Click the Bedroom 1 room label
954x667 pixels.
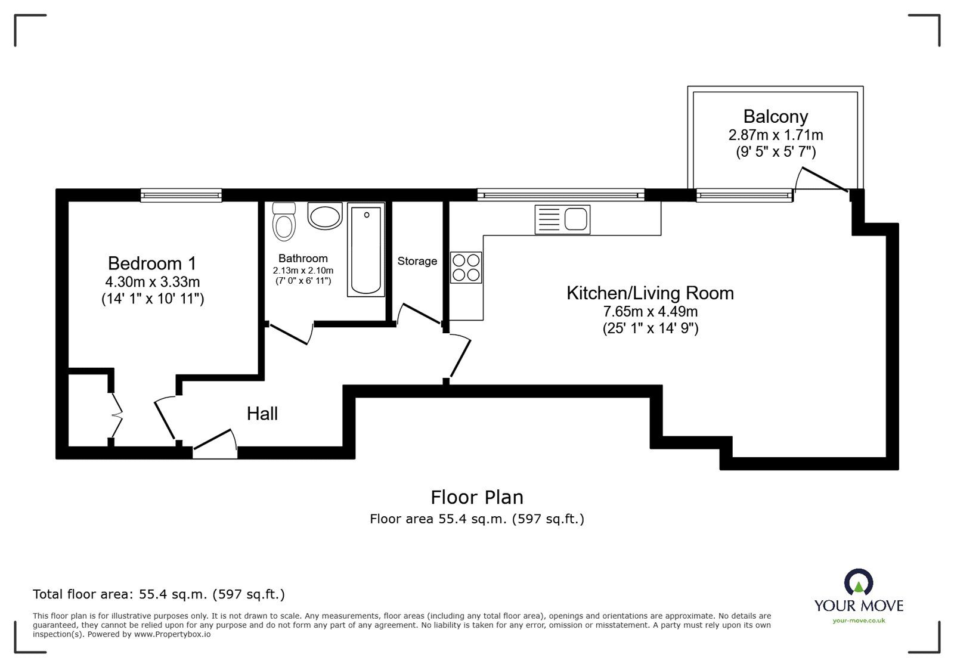click(x=152, y=263)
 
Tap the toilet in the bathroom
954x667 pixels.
click(x=284, y=221)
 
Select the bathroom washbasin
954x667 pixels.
click(x=325, y=215)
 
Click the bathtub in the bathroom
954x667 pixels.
click(x=366, y=249)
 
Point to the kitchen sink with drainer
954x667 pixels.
click(x=563, y=219)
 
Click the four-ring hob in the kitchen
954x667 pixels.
click(x=466, y=268)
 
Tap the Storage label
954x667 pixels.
click(x=417, y=261)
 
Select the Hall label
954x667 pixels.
click(x=262, y=414)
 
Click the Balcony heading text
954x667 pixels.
click(x=776, y=116)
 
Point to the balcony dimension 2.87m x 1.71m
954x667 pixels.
click(x=776, y=135)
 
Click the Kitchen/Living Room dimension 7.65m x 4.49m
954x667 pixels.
click(x=651, y=312)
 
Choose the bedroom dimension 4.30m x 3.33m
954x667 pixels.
click(x=153, y=282)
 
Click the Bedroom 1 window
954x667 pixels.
click(x=181, y=196)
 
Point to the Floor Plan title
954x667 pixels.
click(x=477, y=497)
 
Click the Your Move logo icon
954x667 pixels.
click(x=859, y=582)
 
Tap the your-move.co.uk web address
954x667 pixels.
click(x=859, y=621)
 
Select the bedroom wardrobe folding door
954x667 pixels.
click(x=116, y=415)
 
